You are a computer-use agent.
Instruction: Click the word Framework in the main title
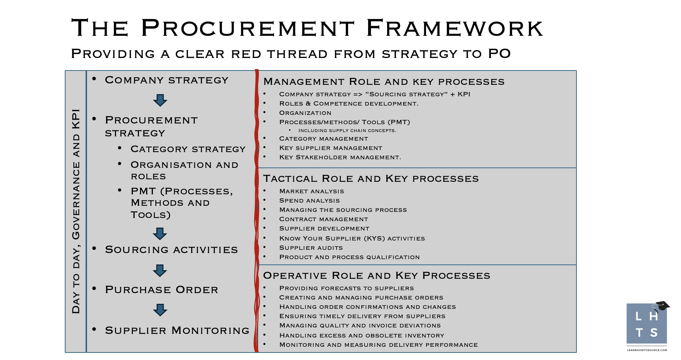click(455, 28)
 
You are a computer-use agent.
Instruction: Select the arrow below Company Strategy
click(160, 101)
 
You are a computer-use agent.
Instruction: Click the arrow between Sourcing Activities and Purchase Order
click(160, 271)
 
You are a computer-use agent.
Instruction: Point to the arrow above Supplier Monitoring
click(160, 310)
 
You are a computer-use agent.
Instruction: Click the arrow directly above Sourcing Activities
click(160, 234)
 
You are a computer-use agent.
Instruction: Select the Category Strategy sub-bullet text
click(188, 149)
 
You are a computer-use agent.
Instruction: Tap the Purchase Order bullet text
click(161, 290)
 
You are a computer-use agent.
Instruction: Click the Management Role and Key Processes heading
click(384, 82)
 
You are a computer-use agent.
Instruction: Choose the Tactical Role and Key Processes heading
click(371, 179)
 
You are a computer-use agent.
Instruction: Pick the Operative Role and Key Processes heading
click(377, 276)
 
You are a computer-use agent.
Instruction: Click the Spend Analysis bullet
click(309, 201)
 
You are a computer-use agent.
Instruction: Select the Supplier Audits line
click(311, 248)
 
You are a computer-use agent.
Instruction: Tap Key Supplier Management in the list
click(330, 148)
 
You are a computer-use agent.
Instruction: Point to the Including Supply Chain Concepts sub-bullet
click(347, 131)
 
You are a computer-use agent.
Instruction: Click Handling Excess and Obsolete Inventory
click(362, 336)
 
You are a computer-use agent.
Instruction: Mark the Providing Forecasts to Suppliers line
click(346, 288)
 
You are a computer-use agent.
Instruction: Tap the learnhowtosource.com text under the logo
click(647, 350)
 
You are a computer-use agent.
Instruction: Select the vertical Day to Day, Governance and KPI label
click(76, 211)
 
